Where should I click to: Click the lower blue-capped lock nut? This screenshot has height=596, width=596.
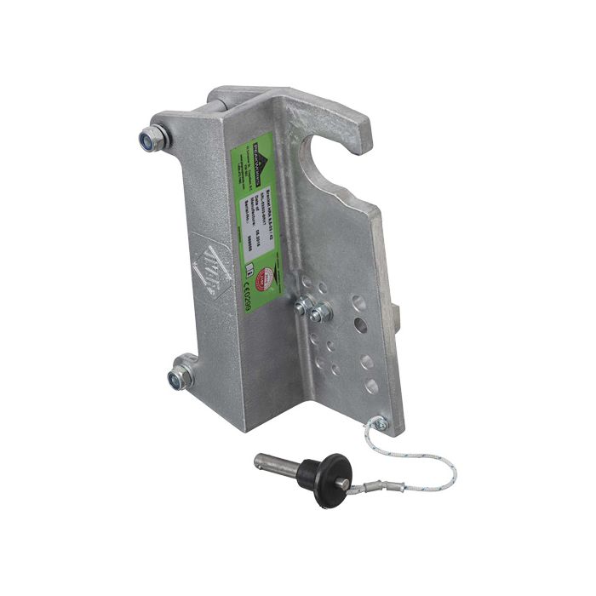pyautogui.click(x=181, y=375)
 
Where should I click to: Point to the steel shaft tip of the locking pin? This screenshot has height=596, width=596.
pyautogui.click(x=264, y=463)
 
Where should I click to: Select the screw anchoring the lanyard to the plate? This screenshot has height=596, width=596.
pyautogui.click(x=380, y=423)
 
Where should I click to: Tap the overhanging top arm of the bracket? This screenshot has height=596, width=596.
pyautogui.click(x=298, y=106)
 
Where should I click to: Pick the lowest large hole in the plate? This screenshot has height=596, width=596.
pyautogui.click(x=371, y=386)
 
